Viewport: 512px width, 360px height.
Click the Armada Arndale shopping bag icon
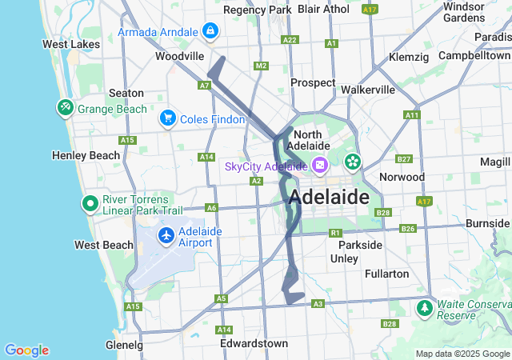pyautogui.click(x=210, y=31)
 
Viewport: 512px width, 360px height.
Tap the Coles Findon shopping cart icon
pyautogui.click(x=167, y=118)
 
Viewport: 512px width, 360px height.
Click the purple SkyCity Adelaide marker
pyautogui.click(x=319, y=166)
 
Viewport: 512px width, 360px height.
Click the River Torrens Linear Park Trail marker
pyautogui.click(x=90, y=204)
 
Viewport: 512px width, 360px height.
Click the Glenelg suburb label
pyautogui.click(x=124, y=345)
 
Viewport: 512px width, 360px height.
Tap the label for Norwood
pyautogui.click(x=402, y=176)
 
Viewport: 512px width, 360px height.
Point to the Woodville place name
pyautogui.click(x=180, y=57)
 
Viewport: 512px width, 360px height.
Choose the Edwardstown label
pyautogui.click(x=254, y=343)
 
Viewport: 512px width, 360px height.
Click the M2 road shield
pyautogui.click(x=260, y=66)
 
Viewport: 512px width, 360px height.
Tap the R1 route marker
pyautogui.click(x=335, y=233)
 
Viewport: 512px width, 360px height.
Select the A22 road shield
pyautogui.click(x=290, y=39)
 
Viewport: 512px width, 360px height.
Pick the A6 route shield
pyautogui.click(x=211, y=208)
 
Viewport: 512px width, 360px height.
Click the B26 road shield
pyautogui.click(x=408, y=229)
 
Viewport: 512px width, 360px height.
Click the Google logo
pyautogui.click(x=26, y=350)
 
